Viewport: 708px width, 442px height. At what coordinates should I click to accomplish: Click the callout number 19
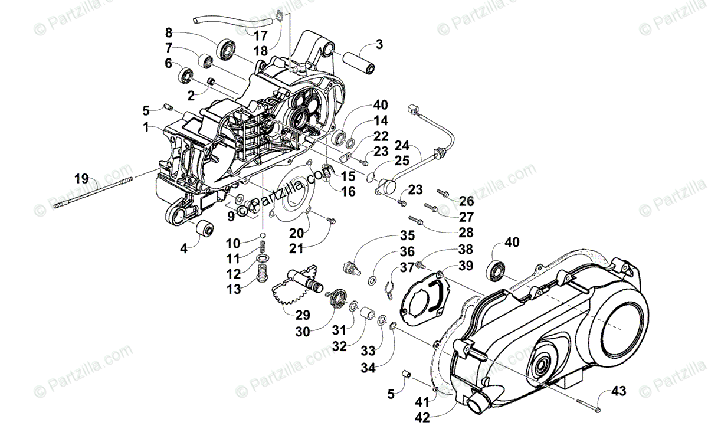(82, 178)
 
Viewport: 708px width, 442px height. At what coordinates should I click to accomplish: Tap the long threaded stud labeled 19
(94, 192)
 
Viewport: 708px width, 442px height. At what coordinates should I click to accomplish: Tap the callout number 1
(145, 127)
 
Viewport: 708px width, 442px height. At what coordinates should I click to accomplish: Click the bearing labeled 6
(186, 75)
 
